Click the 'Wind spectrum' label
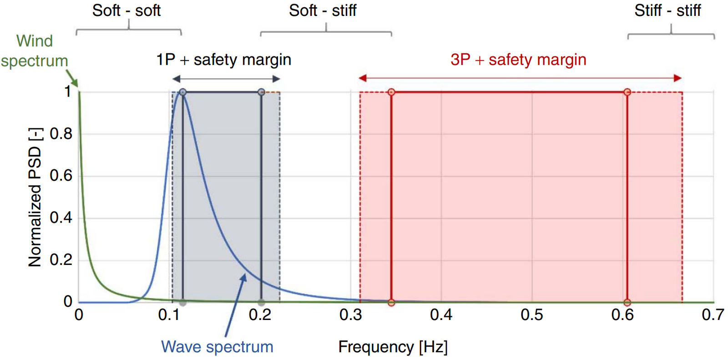point(34,51)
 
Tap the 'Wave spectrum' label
point(217,347)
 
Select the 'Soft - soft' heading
point(126,10)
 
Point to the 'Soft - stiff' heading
point(323,10)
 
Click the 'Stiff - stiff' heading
point(667,10)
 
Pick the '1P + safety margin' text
point(223,60)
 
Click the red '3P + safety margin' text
point(518,60)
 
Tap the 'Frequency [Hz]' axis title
point(393,347)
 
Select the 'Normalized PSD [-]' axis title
point(35,197)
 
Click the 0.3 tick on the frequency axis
point(350,314)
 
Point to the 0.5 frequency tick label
point(532,314)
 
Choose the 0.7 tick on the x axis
point(713,314)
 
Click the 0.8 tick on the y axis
point(61,134)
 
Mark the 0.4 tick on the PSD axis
point(61,218)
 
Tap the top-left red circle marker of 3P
point(391,92)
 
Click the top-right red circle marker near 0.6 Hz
point(627,92)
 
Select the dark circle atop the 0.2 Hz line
point(261,92)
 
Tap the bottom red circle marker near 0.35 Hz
point(391,303)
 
